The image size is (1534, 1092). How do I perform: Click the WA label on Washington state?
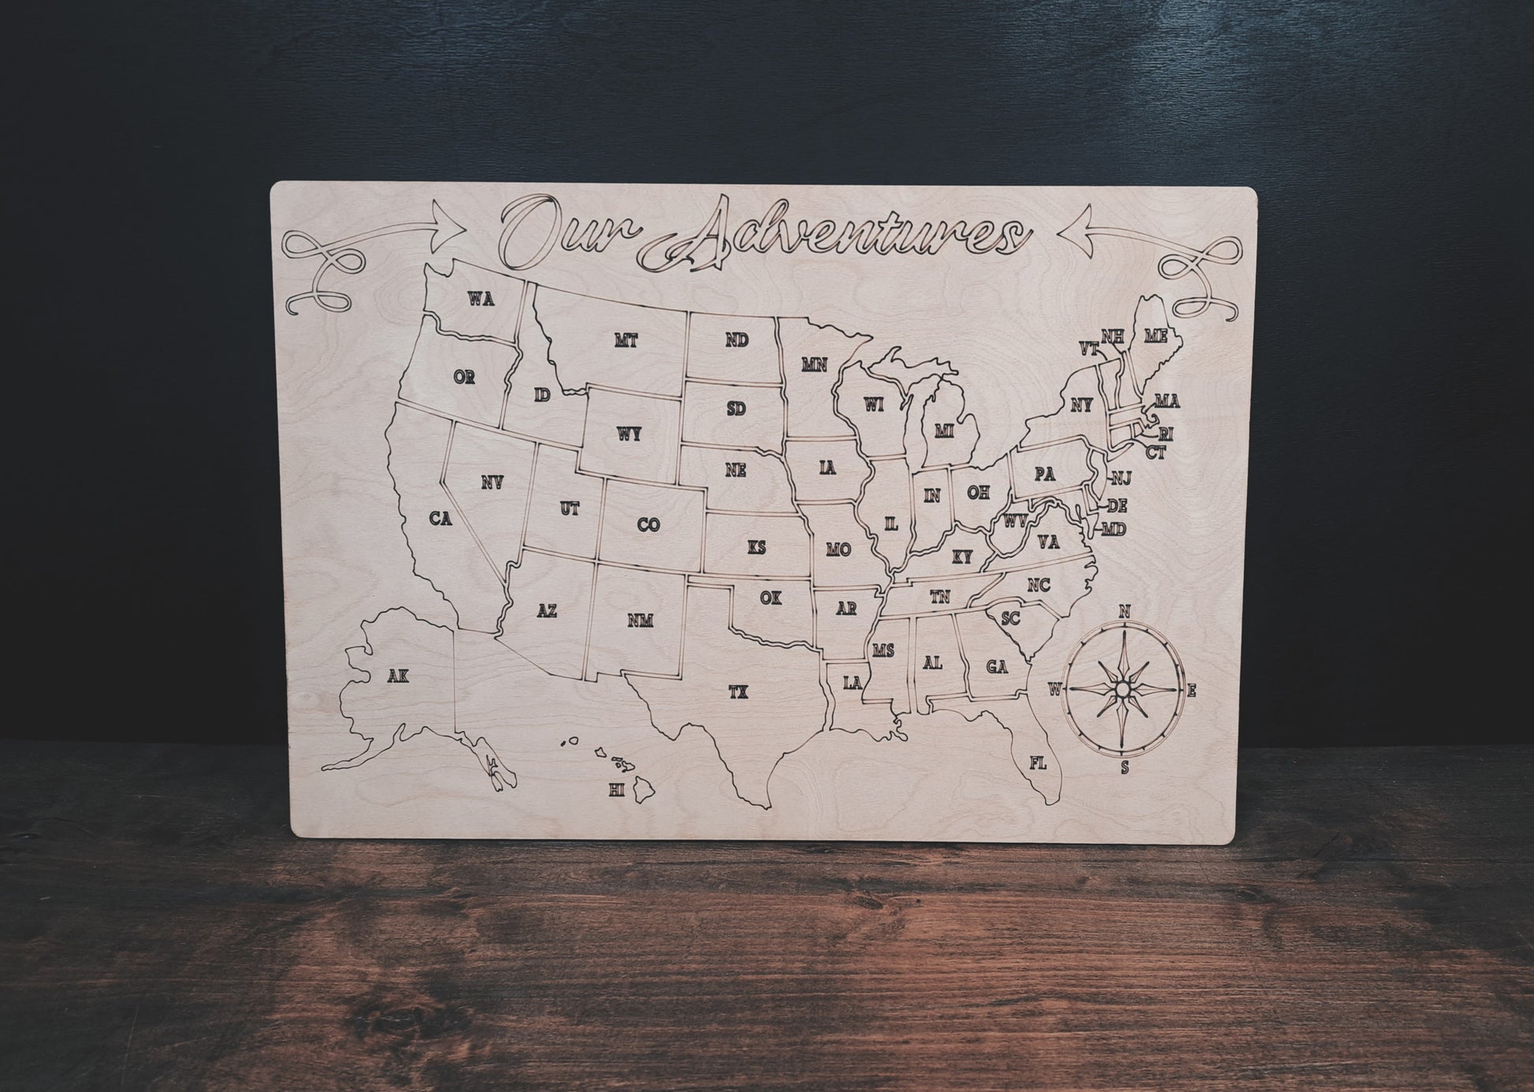[481, 299]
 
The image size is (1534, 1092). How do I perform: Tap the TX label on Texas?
[738, 692]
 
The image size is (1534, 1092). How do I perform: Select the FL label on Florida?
[1038, 762]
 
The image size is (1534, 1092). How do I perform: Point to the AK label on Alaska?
[399, 675]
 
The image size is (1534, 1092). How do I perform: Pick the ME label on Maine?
[1156, 337]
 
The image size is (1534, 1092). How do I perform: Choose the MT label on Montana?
[626, 341]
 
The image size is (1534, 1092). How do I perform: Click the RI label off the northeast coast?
[1166, 434]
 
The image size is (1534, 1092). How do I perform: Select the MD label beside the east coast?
[1114, 529]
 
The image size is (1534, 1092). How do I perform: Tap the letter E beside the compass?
[1192, 691]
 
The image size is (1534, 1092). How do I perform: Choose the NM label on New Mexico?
[641, 621]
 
